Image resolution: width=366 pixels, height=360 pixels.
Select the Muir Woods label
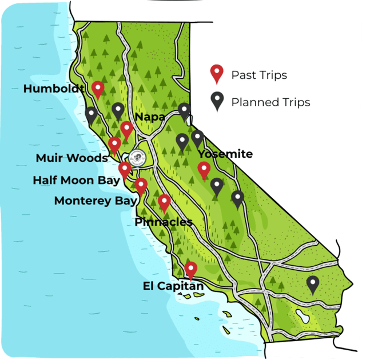point(71,158)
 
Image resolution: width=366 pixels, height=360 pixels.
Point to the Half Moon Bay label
point(76,180)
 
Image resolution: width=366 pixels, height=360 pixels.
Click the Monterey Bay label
point(96,201)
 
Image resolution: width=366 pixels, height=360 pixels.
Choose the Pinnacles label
point(164,222)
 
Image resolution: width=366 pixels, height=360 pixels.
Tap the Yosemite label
point(225,154)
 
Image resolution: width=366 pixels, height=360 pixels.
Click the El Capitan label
point(173,286)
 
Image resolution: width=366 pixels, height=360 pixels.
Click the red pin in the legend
point(217,74)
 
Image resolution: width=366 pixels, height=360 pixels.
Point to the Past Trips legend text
point(259,75)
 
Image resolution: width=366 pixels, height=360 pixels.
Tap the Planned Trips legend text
point(270,102)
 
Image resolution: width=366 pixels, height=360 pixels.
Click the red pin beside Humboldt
point(98,89)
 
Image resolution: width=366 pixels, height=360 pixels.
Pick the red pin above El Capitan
point(191,269)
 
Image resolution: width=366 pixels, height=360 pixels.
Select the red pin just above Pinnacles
point(164,202)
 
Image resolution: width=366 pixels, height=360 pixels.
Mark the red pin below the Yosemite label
point(204,170)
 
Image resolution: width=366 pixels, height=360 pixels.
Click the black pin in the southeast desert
point(312,283)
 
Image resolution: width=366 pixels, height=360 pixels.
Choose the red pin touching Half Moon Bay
point(125,169)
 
